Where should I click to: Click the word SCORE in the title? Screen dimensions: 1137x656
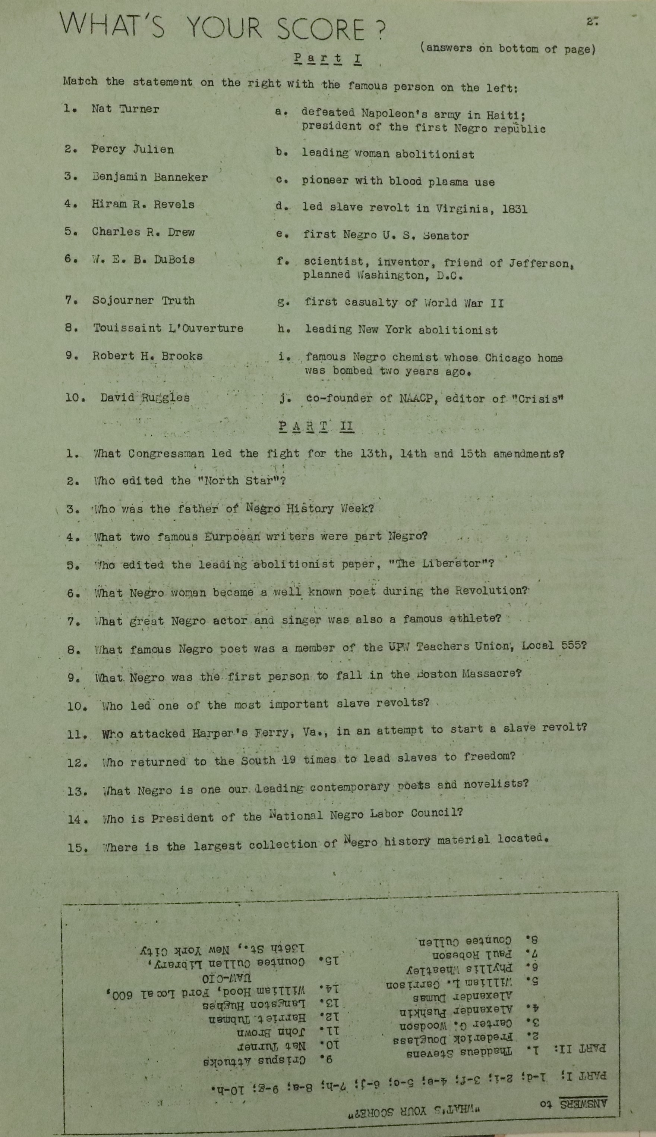(x=321, y=30)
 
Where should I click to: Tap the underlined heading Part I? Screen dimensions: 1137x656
(x=328, y=59)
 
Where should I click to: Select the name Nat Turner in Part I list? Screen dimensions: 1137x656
(x=125, y=109)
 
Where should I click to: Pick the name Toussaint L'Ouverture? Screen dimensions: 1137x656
(x=168, y=328)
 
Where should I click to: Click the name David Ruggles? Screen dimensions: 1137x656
(x=145, y=398)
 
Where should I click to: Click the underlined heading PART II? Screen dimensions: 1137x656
(x=316, y=426)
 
